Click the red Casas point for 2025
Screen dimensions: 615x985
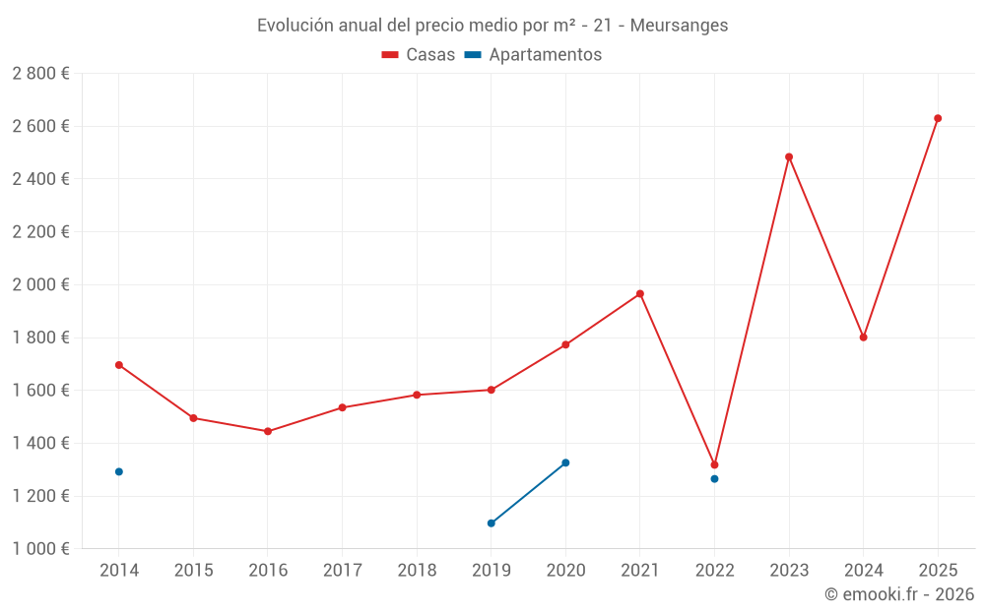click(938, 118)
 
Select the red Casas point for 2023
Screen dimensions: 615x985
click(789, 156)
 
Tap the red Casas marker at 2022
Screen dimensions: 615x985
click(714, 464)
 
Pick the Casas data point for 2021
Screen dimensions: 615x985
click(640, 293)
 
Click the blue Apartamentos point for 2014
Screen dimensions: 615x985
click(119, 471)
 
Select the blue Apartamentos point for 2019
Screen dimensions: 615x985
click(492, 523)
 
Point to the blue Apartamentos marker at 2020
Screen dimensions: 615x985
click(565, 462)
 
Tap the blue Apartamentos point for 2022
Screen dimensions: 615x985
click(714, 479)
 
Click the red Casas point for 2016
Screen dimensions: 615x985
click(268, 431)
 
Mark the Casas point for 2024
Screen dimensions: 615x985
click(863, 338)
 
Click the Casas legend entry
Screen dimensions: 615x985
click(419, 55)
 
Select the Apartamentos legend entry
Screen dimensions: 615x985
click(533, 55)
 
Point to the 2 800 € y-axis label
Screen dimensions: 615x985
click(40, 74)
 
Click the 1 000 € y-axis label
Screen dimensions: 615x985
click(40, 548)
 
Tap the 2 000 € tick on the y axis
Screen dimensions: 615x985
click(40, 284)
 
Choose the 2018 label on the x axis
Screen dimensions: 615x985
click(417, 571)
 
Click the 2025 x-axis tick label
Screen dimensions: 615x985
click(938, 571)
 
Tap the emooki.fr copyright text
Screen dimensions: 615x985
click(899, 594)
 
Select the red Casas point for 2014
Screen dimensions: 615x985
click(119, 365)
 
